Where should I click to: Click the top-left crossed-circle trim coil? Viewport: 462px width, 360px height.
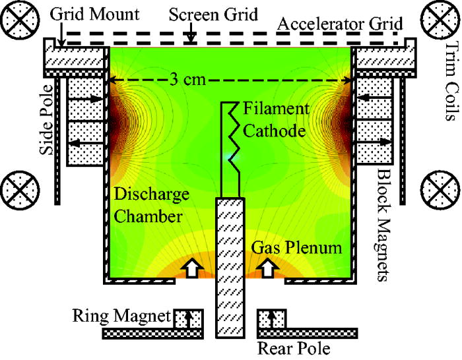pos(18,16)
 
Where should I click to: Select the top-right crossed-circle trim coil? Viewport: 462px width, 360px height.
pos(444,18)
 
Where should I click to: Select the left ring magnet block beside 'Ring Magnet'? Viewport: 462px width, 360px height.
pos(189,318)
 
